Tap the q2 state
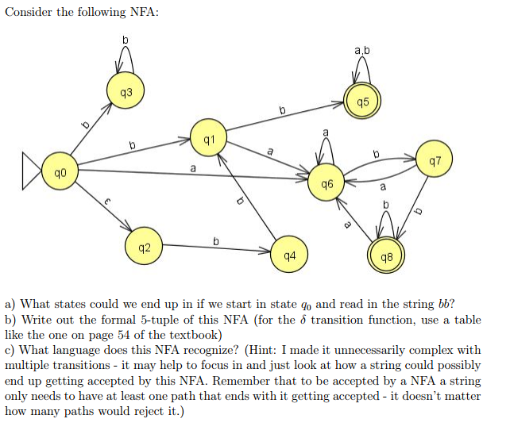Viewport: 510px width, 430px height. click(x=144, y=248)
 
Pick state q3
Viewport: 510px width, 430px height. click(x=125, y=93)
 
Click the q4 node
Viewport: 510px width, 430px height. click(x=289, y=257)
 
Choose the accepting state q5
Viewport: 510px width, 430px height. click(x=363, y=102)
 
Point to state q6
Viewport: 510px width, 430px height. click(x=327, y=183)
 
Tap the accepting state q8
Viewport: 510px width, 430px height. click(x=387, y=257)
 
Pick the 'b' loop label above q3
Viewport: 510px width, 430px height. click(x=125, y=40)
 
